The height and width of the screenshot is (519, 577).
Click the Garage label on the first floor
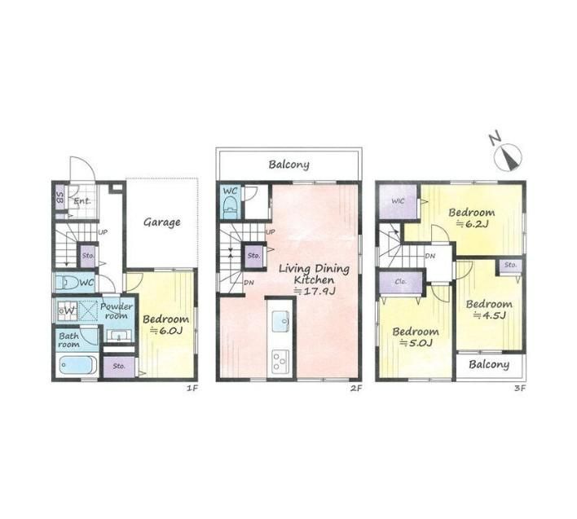tap(162, 222)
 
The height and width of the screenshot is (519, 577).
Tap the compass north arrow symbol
tap(508, 156)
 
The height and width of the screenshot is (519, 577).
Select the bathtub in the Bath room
tap(77, 366)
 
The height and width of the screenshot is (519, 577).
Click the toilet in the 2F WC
tap(231, 209)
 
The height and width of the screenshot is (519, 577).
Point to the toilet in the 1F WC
tap(67, 284)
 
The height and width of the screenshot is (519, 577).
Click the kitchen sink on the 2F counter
tap(280, 321)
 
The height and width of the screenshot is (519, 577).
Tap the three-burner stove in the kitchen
tap(280, 360)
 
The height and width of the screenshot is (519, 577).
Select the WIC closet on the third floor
tap(399, 201)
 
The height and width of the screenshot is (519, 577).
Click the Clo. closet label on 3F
tap(401, 281)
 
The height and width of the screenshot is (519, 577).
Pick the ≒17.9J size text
tap(315, 292)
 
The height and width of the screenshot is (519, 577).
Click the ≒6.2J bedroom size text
tap(472, 223)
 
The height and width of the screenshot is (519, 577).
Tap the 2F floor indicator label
tap(356, 388)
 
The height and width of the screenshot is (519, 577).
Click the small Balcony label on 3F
tap(489, 364)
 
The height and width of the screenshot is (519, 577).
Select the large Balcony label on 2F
tap(288, 165)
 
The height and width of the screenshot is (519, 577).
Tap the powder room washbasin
tap(118, 336)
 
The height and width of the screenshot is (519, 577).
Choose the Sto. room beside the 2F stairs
tap(254, 256)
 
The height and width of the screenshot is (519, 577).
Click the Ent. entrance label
tap(82, 201)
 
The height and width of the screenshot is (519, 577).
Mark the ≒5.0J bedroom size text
tap(416, 343)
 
